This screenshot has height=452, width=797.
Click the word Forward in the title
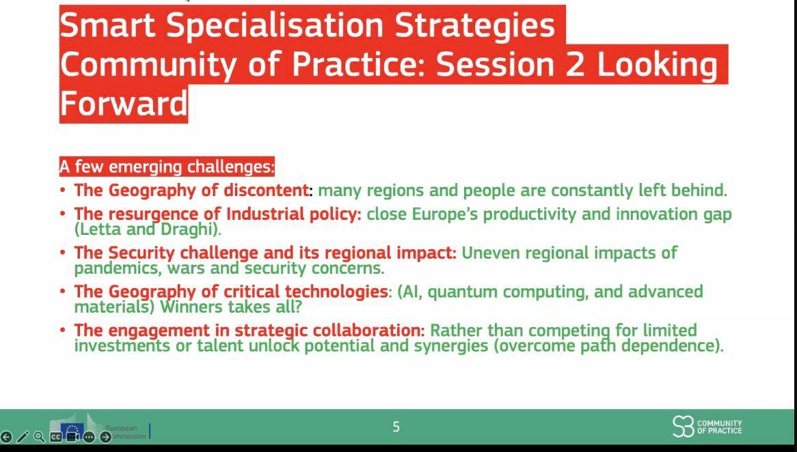[124, 103]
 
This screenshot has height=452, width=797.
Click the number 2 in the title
[576, 64]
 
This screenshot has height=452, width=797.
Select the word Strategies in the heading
[475, 25]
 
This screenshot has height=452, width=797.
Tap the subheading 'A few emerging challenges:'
[167, 167]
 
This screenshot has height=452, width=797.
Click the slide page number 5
[396, 427]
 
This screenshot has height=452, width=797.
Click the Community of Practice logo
[707, 426]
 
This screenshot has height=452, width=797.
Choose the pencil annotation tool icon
[23, 437]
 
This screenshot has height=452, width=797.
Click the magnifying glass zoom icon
[39, 436]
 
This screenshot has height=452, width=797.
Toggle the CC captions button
[55, 437]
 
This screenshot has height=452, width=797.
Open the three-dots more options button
[89, 437]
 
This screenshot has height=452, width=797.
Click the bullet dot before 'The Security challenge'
[62, 253]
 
